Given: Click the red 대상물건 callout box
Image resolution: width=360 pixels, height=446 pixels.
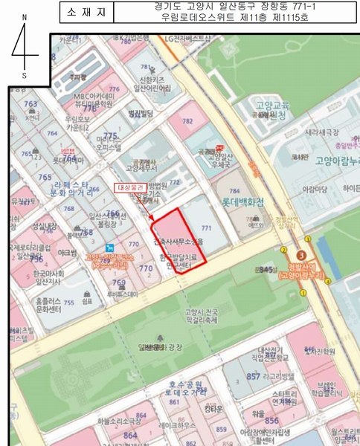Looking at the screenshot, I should click(130, 189).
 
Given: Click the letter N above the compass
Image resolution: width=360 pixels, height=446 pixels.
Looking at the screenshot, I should click(25, 17).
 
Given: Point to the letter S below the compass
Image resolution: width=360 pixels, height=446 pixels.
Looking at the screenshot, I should click(25, 75).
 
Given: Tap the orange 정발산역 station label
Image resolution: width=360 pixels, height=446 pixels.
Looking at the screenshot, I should click(302, 270).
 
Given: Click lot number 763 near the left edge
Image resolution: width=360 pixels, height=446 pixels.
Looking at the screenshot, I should click(30, 105).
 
